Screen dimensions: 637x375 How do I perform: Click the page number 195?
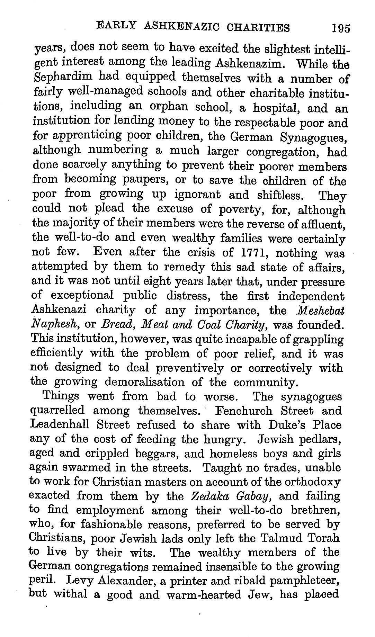coord(341,28)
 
